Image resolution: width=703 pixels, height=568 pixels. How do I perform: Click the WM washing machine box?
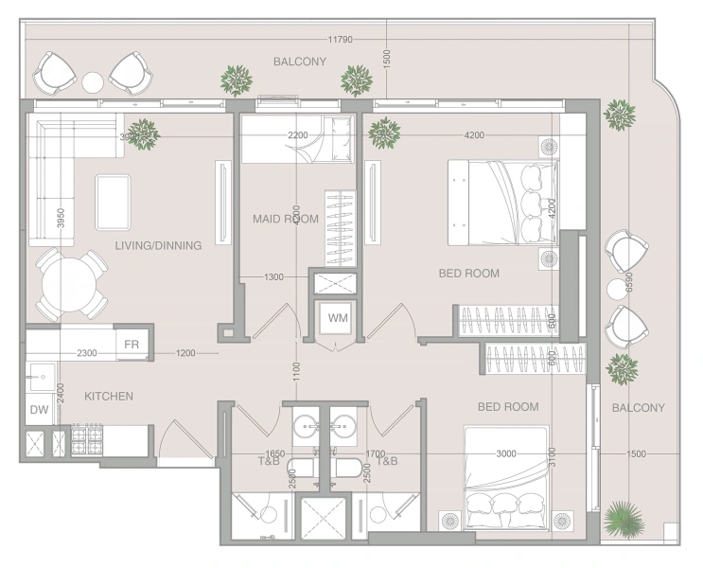click(x=337, y=318)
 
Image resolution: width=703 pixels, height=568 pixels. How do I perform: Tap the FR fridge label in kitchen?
click(x=131, y=344)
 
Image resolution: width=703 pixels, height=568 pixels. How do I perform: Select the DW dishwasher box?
click(x=38, y=410)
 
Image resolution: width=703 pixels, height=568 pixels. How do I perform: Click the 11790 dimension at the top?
click(x=341, y=40)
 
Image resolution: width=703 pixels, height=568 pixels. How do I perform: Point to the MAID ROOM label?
click(x=285, y=219)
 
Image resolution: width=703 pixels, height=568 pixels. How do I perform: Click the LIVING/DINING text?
click(x=158, y=245)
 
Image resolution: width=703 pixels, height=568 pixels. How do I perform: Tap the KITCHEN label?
click(x=109, y=396)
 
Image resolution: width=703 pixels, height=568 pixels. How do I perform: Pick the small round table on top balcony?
click(x=93, y=81)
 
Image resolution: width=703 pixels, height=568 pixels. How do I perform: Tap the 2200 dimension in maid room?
click(x=298, y=135)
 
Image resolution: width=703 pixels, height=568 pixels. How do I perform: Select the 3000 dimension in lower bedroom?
click(x=506, y=453)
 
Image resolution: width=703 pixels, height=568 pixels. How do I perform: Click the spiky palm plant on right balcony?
click(x=622, y=519)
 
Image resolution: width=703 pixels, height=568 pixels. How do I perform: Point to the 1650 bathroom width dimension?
click(x=275, y=453)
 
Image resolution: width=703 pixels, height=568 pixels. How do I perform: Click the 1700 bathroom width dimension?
click(x=375, y=453)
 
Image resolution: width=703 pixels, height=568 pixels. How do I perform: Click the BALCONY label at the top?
click(x=299, y=62)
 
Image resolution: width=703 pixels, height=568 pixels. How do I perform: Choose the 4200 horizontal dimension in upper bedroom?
click(x=474, y=135)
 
